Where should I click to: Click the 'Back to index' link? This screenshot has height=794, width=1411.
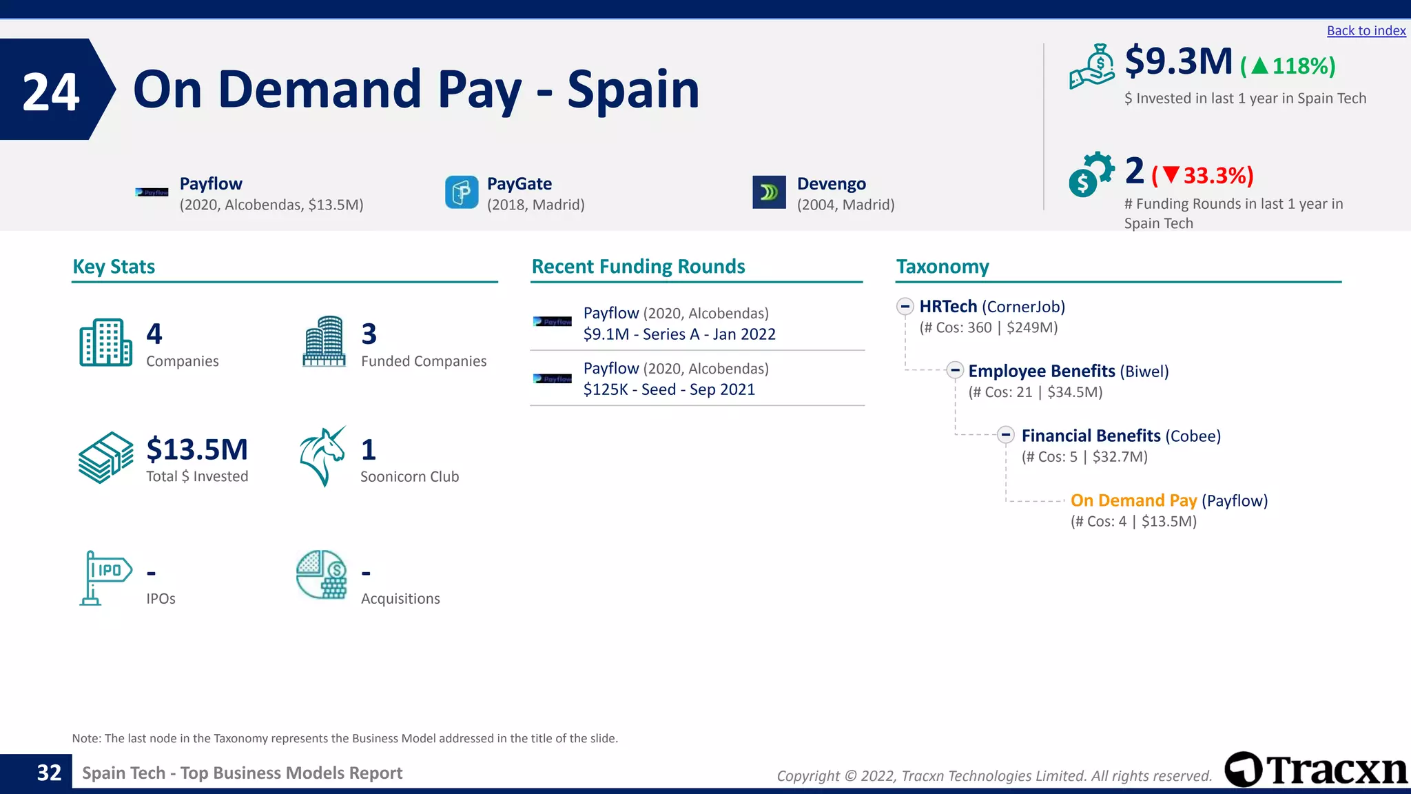tap(1366, 31)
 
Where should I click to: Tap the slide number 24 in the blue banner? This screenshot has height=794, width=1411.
tap(51, 92)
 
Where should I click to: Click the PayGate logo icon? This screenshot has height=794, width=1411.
tap(462, 192)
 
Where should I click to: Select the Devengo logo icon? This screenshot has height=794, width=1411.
tap(769, 192)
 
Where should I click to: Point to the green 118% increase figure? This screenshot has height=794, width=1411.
tap(1288, 66)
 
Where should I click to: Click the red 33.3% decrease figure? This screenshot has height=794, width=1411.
tap(1203, 176)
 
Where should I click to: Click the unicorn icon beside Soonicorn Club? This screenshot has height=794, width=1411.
tap(322, 456)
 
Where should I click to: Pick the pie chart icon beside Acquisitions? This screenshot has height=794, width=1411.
tap(322, 575)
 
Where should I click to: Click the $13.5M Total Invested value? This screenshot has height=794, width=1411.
tap(197, 449)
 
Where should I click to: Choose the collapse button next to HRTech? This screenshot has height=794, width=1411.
tap(905, 306)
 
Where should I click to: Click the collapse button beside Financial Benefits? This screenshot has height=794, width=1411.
tap(1006, 435)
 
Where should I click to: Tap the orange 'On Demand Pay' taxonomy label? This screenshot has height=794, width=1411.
tap(1133, 500)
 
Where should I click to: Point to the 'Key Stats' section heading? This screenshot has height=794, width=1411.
tap(114, 267)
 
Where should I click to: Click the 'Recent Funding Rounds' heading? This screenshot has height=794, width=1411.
tap(638, 267)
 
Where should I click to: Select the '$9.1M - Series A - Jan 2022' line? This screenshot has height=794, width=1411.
tap(679, 334)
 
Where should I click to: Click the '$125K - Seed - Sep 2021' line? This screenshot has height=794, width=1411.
tap(669, 389)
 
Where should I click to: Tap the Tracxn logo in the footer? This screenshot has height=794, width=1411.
tap(1316, 770)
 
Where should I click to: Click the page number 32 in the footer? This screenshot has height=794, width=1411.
tap(49, 773)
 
